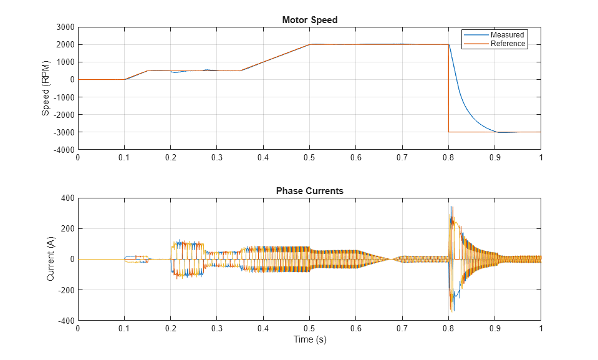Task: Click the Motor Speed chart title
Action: click(309, 20)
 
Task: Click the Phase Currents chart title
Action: click(309, 191)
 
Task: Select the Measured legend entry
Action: click(507, 35)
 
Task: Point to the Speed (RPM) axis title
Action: click(46, 88)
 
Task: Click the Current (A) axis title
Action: click(51, 259)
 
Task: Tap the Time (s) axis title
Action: click(309, 340)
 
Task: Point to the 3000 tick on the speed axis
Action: click(65, 27)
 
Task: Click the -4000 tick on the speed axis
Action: click(64, 150)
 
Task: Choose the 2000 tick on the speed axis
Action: click(65, 45)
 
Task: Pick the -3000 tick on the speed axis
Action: click(64, 132)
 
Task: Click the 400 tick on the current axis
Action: click(67, 198)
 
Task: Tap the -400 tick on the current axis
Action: click(66, 321)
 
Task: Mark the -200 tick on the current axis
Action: click(66, 290)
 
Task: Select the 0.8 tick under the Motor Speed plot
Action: click(448, 158)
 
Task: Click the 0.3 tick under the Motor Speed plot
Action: click(217, 158)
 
